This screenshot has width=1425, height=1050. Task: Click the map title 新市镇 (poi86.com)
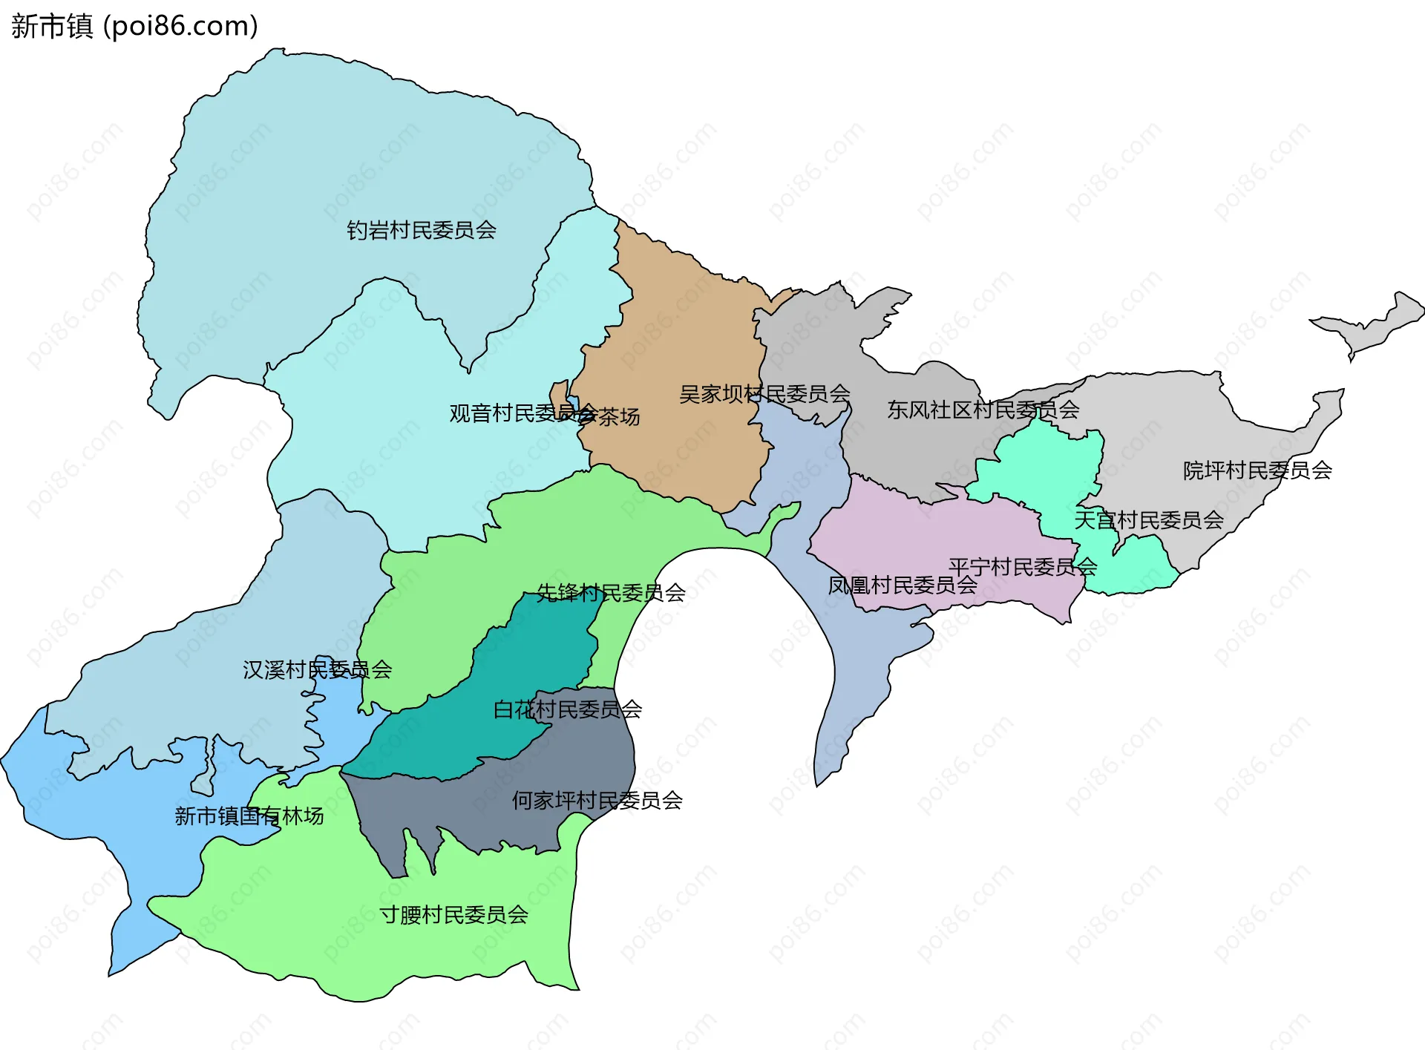[x=134, y=26]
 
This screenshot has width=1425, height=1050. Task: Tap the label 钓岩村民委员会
[x=422, y=230]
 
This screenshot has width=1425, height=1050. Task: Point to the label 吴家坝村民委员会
[x=764, y=394]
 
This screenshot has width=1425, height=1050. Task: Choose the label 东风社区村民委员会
[x=983, y=410]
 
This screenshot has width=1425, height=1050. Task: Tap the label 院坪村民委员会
[x=1257, y=470]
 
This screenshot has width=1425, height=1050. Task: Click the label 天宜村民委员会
[x=1149, y=520]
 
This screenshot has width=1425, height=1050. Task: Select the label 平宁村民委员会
[x=1023, y=567]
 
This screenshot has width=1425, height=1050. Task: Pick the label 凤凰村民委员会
[x=902, y=585]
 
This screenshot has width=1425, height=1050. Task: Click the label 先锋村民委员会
[x=611, y=592]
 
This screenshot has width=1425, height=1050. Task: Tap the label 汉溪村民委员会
[x=317, y=670]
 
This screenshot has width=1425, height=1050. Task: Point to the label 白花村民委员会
[x=568, y=709]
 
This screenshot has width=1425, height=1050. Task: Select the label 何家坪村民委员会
[x=597, y=801]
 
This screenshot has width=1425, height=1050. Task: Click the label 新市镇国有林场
[x=249, y=816]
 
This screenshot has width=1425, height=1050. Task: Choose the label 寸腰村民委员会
[x=454, y=915]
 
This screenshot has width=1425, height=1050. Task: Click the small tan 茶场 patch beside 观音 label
[x=558, y=394]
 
